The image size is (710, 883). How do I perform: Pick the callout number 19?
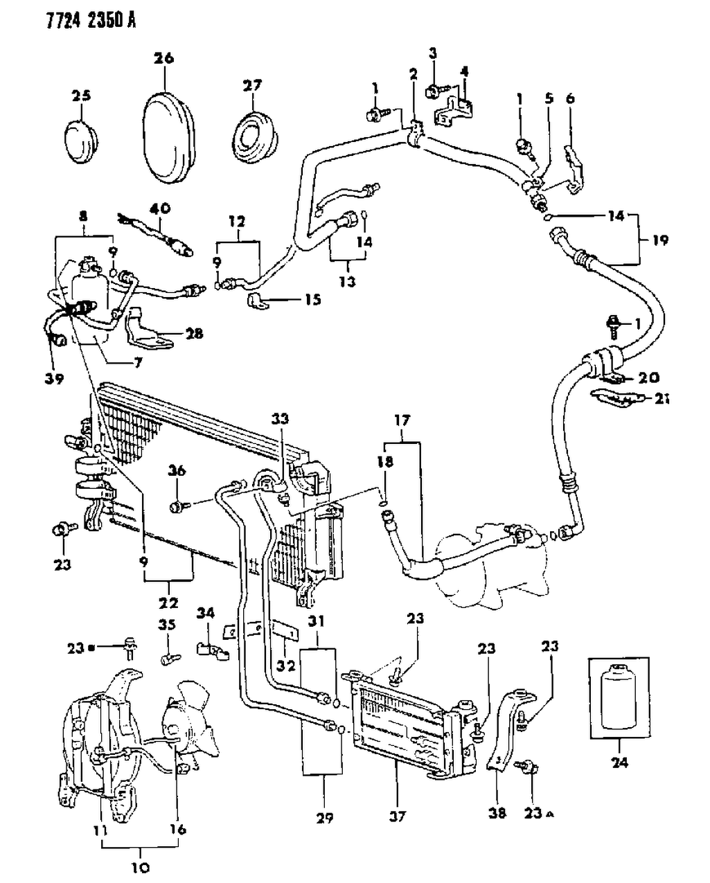point(660,240)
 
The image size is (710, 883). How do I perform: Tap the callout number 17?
point(402,420)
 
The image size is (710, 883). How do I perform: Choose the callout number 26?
point(163,59)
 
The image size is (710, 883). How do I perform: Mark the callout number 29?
point(325,819)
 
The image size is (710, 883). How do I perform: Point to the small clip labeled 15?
point(257,301)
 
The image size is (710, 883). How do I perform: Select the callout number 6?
point(570,99)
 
